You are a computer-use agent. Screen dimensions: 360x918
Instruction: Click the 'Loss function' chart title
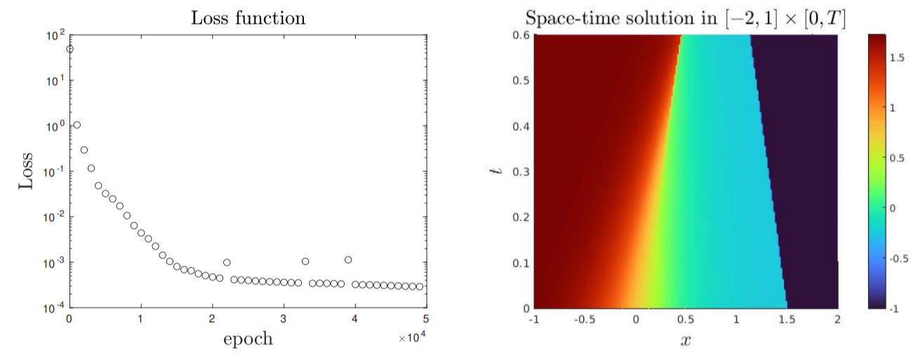coord(248,18)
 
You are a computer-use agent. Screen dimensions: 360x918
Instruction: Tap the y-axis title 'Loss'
coord(26,171)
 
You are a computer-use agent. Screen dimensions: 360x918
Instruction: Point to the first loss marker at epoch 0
coord(69,49)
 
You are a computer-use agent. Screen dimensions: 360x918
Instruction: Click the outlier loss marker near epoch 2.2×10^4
coord(227,262)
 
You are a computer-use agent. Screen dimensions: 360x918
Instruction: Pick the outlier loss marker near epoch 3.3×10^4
coord(305,261)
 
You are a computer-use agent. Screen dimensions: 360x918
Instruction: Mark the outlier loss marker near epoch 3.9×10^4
coord(348,260)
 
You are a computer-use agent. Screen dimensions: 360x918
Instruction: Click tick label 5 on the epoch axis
coord(426,321)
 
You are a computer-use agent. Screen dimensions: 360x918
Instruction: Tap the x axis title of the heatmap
coord(686,342)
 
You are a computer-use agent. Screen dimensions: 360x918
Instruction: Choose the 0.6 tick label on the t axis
coord(521,35)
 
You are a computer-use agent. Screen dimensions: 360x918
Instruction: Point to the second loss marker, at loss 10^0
coord(76,125)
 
